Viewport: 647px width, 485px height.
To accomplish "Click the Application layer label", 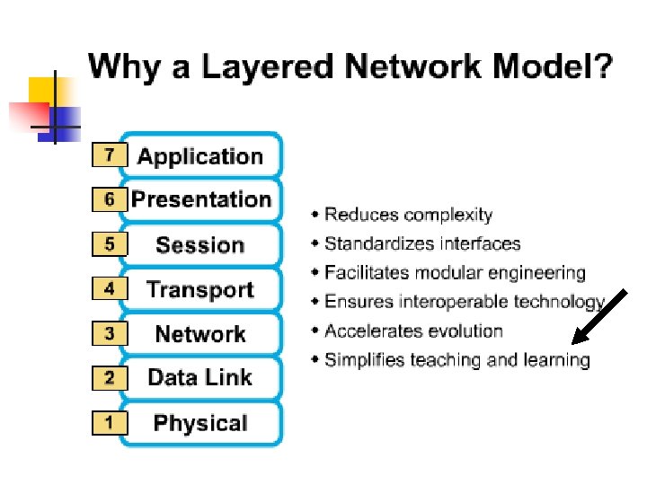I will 200,157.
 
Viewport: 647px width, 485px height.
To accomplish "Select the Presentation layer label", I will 201,200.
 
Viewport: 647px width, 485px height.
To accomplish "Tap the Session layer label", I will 200,245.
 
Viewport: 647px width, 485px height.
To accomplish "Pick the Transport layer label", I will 200,290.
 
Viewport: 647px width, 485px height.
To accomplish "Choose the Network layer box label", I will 200,334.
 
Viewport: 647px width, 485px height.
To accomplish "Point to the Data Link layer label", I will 200,378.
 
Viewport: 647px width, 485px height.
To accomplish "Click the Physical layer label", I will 200,423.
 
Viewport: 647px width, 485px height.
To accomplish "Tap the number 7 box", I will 110,155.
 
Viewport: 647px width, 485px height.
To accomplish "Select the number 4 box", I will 110,289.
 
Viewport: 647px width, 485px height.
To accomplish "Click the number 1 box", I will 110,422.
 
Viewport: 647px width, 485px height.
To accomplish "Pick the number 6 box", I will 110,199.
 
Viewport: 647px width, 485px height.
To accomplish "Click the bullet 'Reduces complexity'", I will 408,215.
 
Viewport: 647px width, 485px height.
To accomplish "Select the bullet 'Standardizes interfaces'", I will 421,243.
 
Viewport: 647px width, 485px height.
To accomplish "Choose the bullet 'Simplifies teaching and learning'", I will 456,360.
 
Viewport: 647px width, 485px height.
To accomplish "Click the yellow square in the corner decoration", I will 41,90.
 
